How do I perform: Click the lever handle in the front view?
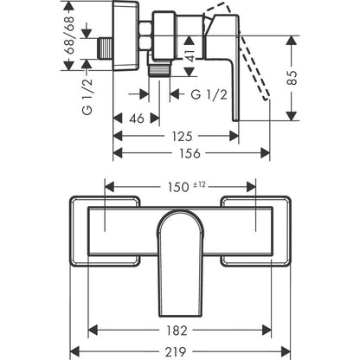(x=179, y=260)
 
